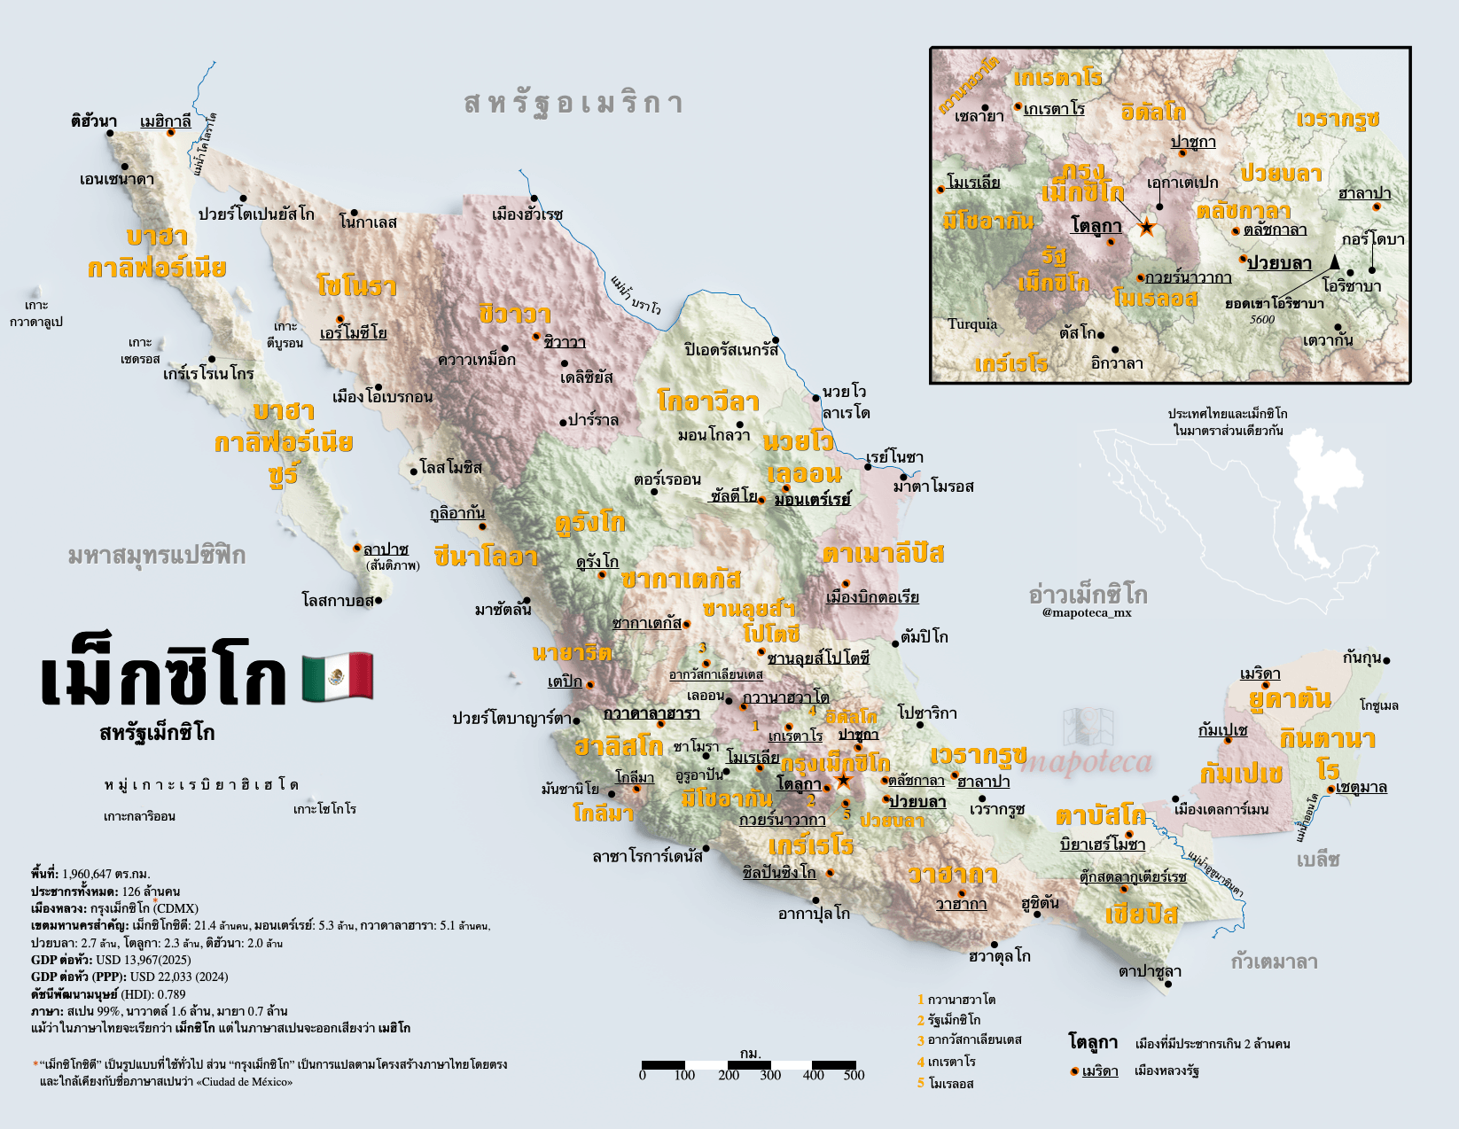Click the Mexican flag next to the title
(x=338, y=677)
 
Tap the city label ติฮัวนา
(x=94, y=121)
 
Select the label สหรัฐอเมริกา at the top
(x=573, y=103)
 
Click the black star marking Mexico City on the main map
(x=843, y=781)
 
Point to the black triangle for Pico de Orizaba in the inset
(x=1334, y=261)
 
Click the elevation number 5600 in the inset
(x=1262, y=320)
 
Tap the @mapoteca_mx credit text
(x=1087, y=612)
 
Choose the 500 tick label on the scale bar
(x=854, y=1076)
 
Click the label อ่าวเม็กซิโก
(x=1088, y=594)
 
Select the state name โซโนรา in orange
(x=356, y=285)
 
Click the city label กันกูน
(x=1362, y=658)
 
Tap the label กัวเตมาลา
(x=1274, y=962)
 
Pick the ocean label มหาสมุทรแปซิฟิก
(x=157, y=556)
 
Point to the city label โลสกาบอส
(x=338, y=601)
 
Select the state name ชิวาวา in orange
(x=515, y=314)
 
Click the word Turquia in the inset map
(x=972, y=324)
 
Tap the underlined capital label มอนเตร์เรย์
(x=812, y=499)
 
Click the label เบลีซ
(x=1318, y=860)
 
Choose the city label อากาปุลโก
(x=814, y=913)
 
